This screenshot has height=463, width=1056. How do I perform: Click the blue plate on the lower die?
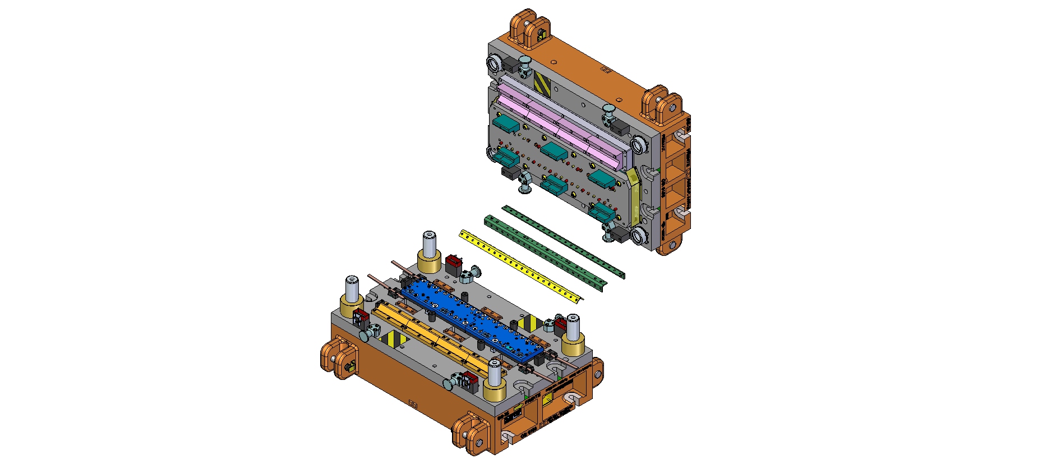471,317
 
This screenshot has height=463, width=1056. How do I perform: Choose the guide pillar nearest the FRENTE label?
494,375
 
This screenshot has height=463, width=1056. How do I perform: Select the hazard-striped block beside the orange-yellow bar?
391,339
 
